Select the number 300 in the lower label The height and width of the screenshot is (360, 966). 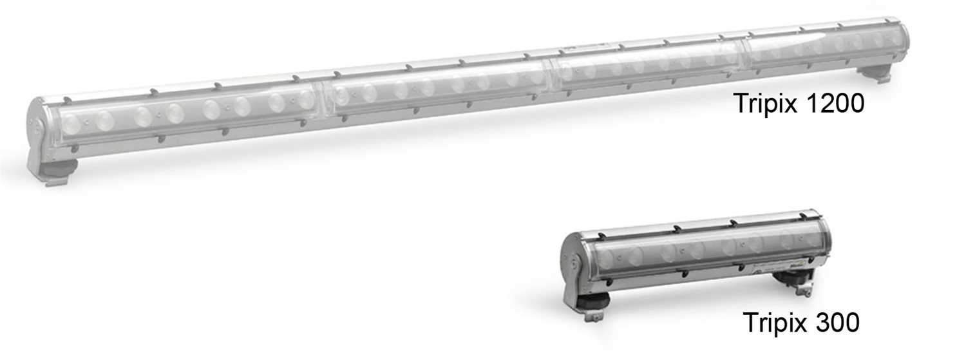[x=836, y=322]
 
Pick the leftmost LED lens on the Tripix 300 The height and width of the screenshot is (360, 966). [x=607, y=258]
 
